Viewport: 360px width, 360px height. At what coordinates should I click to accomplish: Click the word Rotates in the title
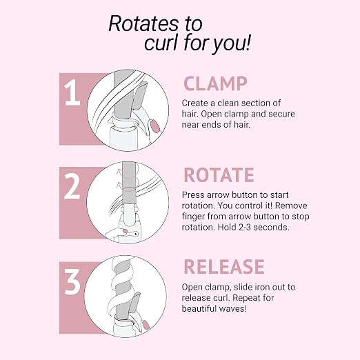[143, 23]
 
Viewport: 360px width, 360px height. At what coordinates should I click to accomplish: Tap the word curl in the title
[161, 43]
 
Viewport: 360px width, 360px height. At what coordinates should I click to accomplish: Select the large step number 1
[72, 92]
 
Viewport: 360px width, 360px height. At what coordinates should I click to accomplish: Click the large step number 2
[72, 186]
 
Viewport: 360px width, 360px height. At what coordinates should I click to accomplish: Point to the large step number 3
[72, 281]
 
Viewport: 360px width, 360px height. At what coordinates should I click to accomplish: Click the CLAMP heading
[215, 83]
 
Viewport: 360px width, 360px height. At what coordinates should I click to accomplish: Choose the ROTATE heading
[219, 175]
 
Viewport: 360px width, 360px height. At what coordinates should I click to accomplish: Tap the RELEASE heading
[224, 266]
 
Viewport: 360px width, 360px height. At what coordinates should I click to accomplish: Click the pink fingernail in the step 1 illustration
[154, 126]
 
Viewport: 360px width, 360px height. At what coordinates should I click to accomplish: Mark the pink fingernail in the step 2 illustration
[125, 231]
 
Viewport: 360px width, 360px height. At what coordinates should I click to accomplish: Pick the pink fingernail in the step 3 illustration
[146, 325]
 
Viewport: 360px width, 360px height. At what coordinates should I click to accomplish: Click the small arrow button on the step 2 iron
[136, 234]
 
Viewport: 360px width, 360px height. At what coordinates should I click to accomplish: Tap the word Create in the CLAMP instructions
[195, 103]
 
